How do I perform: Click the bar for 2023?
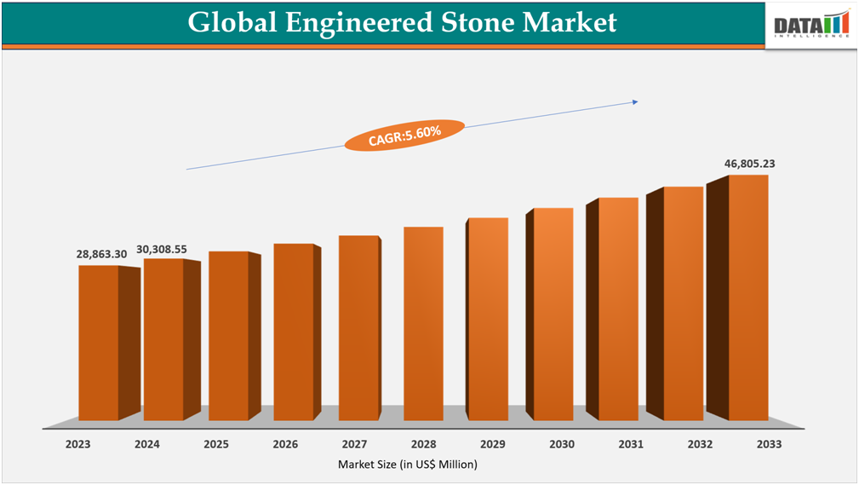point(99,343)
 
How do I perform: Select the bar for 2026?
point(294,332)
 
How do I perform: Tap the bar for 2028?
point(423,323)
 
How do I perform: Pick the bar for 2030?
point(553,314)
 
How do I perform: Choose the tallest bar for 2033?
point(748,297)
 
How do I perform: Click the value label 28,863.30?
point(101,254)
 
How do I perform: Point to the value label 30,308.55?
point(162,250)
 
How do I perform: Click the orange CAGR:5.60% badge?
point(404,135)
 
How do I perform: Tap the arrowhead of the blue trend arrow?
point(634,102)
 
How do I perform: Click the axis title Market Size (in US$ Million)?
point(408,465)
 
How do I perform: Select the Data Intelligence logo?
point(811,25)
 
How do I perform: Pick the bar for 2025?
point(228,336)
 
